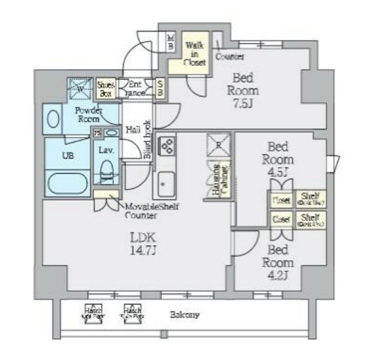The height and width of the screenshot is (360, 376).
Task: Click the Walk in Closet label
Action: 195,53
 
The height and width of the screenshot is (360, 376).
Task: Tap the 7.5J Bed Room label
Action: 243,90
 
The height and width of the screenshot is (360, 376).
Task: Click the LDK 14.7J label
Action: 143,243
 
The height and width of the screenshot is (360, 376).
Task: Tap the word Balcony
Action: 184,314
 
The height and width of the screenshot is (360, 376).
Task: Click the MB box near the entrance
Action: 171,42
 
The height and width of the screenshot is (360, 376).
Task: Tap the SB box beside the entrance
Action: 161,87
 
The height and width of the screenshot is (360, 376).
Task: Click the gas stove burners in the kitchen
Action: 168,146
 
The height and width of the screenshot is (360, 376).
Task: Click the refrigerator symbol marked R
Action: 218,145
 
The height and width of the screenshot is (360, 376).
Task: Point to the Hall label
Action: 133,130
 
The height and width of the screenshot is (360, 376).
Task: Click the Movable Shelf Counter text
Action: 141,211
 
